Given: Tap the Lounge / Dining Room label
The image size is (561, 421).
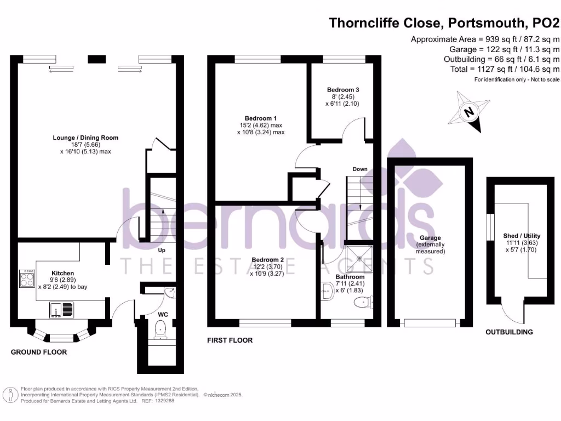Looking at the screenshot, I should (85, 138).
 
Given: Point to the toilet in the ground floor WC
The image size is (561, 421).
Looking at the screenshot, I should (161, 329).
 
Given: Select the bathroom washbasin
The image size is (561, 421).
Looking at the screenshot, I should (327, 291).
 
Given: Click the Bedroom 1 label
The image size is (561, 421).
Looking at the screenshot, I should (260, 118).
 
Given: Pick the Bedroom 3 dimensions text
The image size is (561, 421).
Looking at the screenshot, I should (342, 100).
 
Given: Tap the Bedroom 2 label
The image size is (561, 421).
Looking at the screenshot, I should (267, 259).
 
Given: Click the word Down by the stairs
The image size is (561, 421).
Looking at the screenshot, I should (360, 169).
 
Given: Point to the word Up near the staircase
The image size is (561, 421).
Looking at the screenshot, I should (162, 251).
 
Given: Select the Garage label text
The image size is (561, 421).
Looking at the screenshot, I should (430, 238).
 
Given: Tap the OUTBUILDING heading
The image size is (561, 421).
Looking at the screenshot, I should (510, 332).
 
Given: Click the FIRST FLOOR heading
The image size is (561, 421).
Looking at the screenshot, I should (230, 340).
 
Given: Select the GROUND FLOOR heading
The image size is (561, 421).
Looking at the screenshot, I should (39, 352).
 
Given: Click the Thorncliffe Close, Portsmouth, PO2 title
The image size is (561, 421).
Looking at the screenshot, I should (444, 23).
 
